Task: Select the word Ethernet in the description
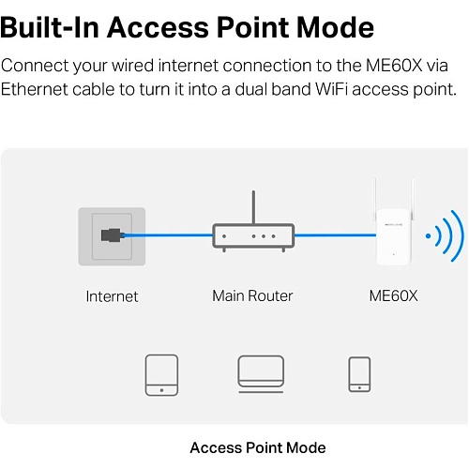click(35, 89)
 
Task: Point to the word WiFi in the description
click(331, 89)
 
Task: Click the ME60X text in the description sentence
click(394, 66)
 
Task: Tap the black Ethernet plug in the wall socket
click(111, 235)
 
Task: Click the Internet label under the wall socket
click(112, 296)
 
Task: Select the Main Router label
click(252, 295)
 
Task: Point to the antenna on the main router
click(253, 207)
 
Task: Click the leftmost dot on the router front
click(224, 236)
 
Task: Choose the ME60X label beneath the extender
click(393, 295)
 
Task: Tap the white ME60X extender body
click(393, 237)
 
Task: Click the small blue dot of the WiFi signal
click(428, 236)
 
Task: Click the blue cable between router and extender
click(335, 235)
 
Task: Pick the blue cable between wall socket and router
click(167, 234)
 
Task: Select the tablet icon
click(161, 375)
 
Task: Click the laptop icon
click(261, 373)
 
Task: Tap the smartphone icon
click(359, 374)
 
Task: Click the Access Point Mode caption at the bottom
click(258, 447)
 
